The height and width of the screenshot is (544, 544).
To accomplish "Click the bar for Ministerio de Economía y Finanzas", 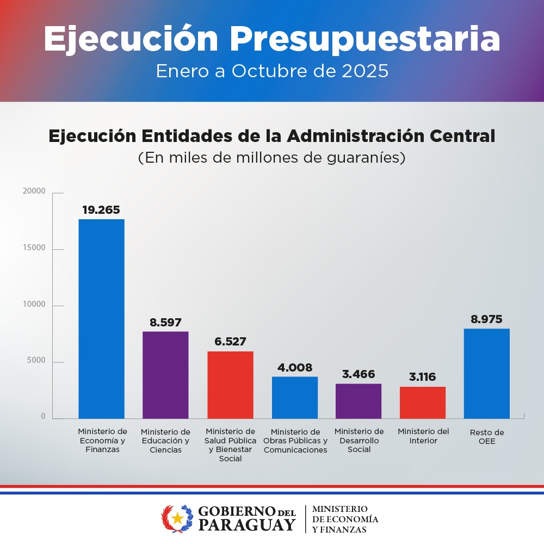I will tap(101, 319).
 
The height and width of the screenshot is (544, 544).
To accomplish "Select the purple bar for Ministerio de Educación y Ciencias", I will tap(165, 375).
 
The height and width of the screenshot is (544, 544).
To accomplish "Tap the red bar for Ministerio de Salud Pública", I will tap(230, 385).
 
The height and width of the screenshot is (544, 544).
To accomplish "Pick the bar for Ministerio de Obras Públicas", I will tap(294, 398).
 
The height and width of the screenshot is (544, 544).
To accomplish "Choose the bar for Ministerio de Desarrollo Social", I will tap(358, 401).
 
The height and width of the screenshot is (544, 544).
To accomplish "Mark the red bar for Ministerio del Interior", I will tap(423, 403).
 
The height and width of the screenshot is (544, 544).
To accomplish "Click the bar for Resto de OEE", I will tap(487, 373).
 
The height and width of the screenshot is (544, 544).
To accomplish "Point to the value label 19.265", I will tap(101, 210).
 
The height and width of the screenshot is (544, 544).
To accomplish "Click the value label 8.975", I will tap(487, 319).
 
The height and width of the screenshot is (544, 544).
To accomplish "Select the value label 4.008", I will tap(294, 368).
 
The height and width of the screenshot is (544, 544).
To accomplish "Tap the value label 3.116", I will tap(423, 377).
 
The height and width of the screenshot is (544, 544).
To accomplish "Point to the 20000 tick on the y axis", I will tap(34, 191).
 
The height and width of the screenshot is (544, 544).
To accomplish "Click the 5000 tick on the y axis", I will tap(36, 361).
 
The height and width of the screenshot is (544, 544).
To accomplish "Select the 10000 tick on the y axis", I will tap(34, 304).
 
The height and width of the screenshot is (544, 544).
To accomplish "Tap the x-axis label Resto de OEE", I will tap(487, 437).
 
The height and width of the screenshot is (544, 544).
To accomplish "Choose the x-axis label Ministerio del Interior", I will tap(423, 436).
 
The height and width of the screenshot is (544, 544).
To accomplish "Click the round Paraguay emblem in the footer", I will tap(177, 518).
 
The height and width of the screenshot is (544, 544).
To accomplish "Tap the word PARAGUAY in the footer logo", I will tap(246, 525).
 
